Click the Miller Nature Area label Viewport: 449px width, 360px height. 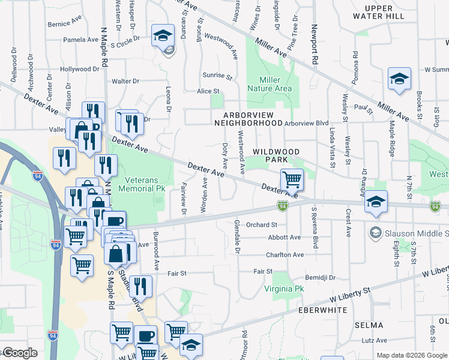[276, 84]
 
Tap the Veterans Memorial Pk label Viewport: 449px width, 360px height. [149, 185]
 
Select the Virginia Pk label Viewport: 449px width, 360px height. [284, 289]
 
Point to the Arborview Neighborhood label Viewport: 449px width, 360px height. [252, 118]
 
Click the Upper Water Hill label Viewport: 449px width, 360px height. [379, 12]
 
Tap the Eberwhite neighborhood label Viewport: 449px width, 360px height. [323, 310]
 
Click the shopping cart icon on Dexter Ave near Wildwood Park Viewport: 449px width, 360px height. [292, 179]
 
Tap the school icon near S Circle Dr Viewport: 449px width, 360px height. [162, 35]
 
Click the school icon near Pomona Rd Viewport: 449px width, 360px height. [399, 79]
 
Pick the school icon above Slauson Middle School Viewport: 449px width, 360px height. [376, 202]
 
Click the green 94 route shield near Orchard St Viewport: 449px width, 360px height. [282, 206]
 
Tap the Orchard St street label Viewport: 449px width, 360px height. [259, 225]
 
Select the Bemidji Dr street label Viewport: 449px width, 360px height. [319, 278]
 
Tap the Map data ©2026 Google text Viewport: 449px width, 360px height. [411, 355]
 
